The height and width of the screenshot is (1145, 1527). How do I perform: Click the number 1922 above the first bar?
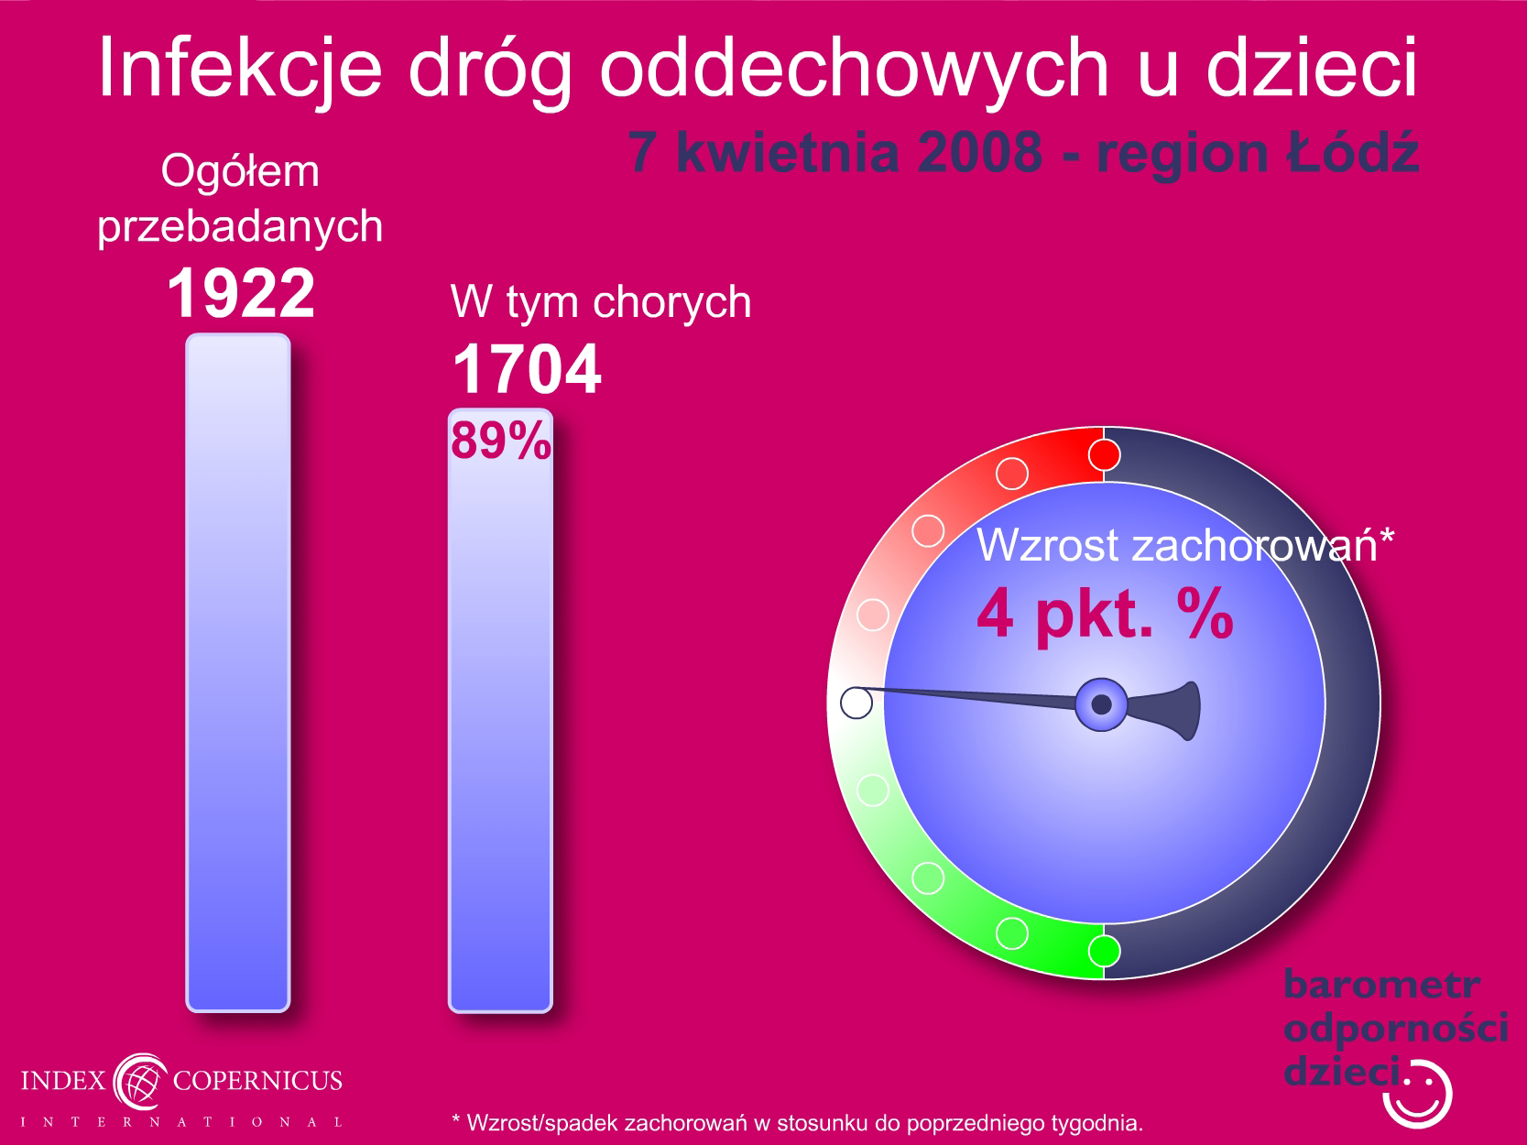tap(241, 293)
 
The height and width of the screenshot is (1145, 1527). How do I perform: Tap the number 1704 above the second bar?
tap(527, 368)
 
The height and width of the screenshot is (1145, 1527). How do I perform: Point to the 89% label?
tap(501, 441)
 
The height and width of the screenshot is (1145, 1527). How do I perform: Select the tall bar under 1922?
tap(238, 672)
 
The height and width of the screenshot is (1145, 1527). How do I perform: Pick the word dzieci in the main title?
tap(1312, 68)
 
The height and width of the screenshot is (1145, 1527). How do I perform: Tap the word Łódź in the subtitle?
tap(1352, 151)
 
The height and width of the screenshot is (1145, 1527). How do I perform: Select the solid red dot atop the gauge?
tap(1104, 455)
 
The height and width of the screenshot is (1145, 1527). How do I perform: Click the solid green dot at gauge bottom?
tap(1104, 951)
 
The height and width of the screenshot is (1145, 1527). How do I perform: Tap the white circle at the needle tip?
tap(856, 703)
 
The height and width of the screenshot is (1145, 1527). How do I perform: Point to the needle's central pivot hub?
tap(1101, 704)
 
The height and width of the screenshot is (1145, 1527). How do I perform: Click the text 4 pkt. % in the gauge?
tap(1105, 613)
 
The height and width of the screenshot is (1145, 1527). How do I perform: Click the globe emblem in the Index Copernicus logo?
tap(140, 1081)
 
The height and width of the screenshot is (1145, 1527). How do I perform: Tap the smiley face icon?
tap(1417, 1094)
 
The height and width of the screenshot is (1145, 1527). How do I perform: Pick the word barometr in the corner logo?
tap(1382, 985)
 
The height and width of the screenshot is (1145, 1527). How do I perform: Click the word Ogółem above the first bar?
tap(240, 172)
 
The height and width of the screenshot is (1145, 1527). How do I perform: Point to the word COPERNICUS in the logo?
tap(257, 1080)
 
